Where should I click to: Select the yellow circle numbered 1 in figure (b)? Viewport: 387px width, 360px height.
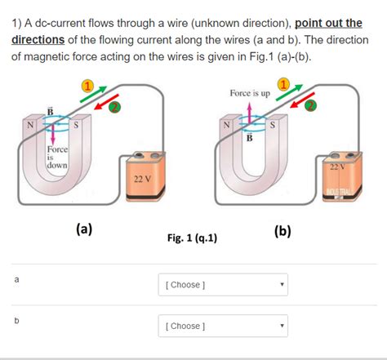284,85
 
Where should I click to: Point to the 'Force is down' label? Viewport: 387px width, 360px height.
57,157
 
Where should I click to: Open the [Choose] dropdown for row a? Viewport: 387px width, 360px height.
223,285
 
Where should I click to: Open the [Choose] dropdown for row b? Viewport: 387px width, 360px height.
223,327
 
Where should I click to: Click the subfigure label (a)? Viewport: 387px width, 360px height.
83,229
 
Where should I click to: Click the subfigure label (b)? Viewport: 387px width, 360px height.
282,230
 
